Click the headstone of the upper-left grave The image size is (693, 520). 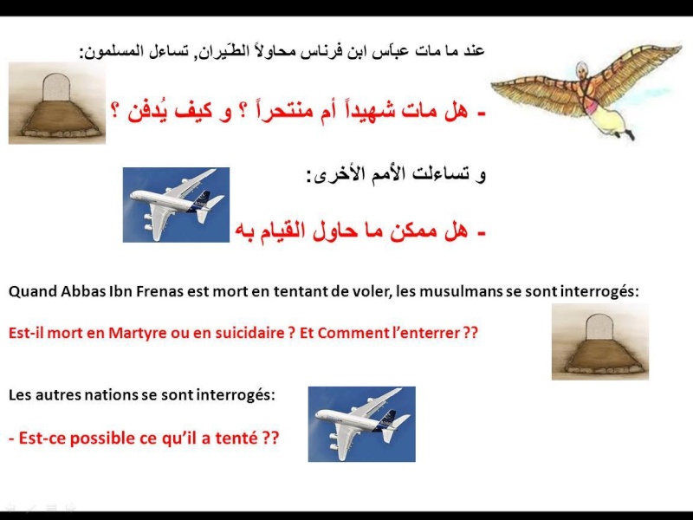56,88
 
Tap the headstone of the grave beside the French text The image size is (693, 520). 599,328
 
